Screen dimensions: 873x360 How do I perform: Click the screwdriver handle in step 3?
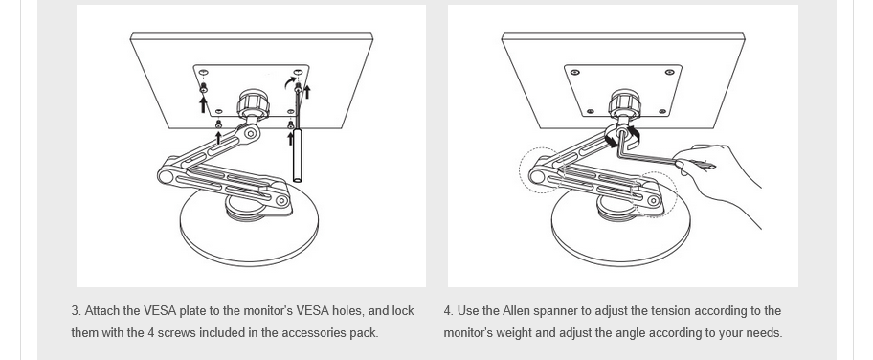click(x=298, y=155)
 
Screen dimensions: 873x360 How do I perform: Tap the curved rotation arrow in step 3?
click(x=289, y=81)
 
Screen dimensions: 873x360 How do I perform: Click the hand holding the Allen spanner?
click(x=718, y=178)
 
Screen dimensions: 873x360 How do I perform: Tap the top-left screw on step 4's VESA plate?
click(x=575, y=72)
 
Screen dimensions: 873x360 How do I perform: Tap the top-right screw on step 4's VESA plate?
click(x=670, y=72)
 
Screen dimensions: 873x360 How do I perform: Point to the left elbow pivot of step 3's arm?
click(x=166, y=177)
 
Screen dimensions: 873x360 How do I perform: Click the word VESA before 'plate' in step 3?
click(x=160, y=311)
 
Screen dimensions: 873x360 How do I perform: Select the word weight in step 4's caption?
click(x=517, y=333)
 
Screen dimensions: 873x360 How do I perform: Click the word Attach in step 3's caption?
click(x=101, y=311)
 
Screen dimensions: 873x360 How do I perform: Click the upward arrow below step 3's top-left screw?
click(x=203, y=104)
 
